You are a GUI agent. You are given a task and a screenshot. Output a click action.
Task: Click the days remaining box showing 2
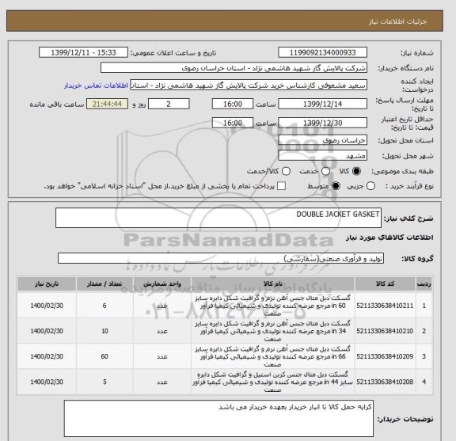tap(169, 104)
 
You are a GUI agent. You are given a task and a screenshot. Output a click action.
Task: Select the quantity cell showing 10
tap(104, 330)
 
